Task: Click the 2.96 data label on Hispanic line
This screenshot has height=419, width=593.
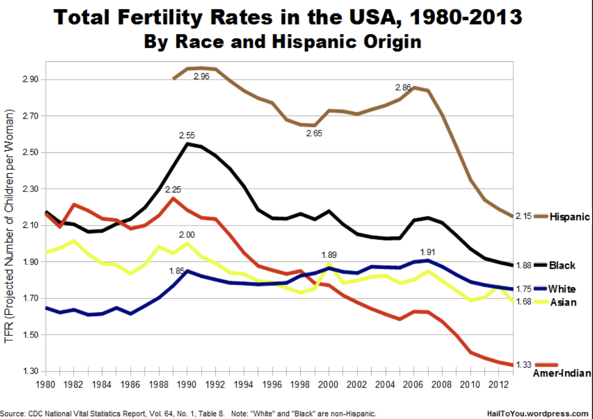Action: (x=202, y=76)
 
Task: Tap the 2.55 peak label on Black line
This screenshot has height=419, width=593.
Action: (x=187, y=135)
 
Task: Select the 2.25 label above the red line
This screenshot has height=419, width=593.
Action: (x=173, y=190)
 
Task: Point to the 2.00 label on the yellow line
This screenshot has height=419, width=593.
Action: (x=187, y=235)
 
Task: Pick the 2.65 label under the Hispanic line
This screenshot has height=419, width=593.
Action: (x=314, y=134)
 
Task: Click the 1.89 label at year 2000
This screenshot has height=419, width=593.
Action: (x=329, y=255)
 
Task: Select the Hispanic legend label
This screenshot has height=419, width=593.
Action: (x=569, y=217)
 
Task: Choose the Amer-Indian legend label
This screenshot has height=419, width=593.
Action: (x=562, y=374)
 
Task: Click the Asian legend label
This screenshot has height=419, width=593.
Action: (x=563, y=302)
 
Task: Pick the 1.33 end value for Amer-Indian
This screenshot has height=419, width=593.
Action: (x=524, y=364)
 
